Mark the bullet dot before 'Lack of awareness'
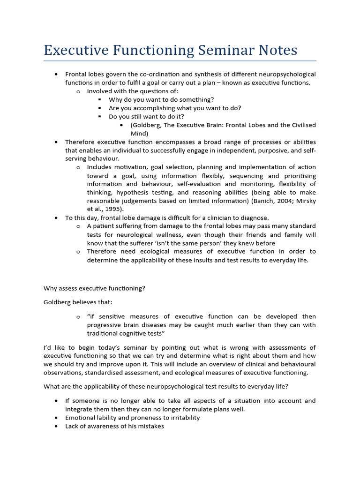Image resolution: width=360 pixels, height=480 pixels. tap(56, 426)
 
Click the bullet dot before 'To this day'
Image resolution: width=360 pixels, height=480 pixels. tap(56, 218)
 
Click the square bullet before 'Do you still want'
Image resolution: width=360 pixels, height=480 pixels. tap(100, 117)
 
